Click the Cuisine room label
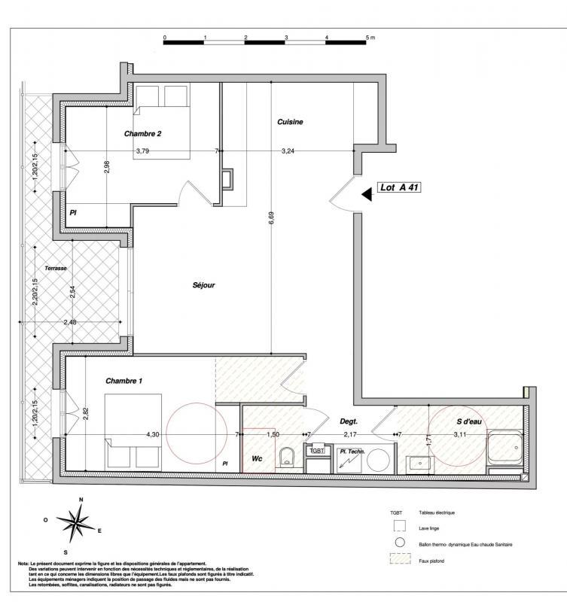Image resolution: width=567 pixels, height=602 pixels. click(290, 122)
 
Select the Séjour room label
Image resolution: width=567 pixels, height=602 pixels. click(203, 285)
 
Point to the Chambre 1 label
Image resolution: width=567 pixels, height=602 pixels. click(123, 381)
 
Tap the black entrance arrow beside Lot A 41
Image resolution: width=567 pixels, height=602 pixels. click(367, 194)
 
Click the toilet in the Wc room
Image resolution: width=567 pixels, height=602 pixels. click(286, 457)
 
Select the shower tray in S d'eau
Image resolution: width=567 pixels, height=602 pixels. click(505, 449)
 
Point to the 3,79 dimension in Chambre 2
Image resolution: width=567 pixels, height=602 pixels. click(142, 151)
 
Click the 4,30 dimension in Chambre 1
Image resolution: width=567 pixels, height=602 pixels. click(152, 435)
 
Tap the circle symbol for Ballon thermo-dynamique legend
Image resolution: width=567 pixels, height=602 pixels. click(400, 543)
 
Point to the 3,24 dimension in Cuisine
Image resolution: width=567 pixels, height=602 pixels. click(288, 151)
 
